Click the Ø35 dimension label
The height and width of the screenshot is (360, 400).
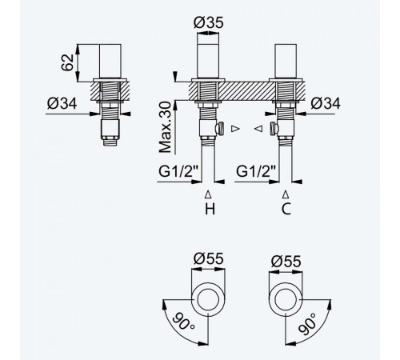click(x=208, y=22)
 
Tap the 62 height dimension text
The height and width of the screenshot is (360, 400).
click(x=67, y=62)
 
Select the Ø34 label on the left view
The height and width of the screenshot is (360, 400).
click(x=62, y=103)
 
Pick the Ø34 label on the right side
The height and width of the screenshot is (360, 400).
click(x=326, y=103)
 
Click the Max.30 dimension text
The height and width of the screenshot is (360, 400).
click(x=165, y=127)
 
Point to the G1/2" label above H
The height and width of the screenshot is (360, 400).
click(x=178, y=171)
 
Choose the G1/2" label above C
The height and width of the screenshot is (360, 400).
click(x=256, y=171)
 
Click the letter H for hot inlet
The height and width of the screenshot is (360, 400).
click(x=210, y=209)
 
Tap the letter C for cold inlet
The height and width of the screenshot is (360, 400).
click(x=286, y=209)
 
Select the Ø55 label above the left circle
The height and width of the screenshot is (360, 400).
click(x=208, y=258)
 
